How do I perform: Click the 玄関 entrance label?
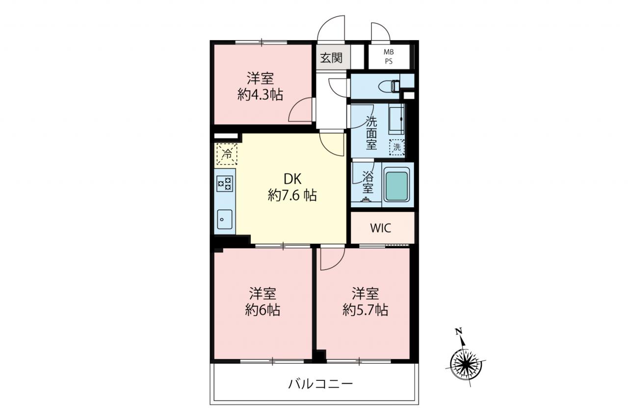tap(331, 58)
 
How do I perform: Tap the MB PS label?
tap(389, 56)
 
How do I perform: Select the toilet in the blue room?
tap(389, 86)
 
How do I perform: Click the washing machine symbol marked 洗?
tap(397, 147)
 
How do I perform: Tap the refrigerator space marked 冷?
tap(227, 154)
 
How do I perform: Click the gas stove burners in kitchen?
tap(225, 184)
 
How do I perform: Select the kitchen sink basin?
tap(225, 220)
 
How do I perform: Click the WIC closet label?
tap(380, 228)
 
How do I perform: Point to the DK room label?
tap(292, 179)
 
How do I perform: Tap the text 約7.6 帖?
tap(292, 196)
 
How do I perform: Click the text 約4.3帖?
tap(260, 95)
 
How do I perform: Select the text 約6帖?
tap(262, 310)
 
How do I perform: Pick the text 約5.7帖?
tap(366, 310)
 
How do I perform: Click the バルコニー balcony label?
tap(320, 384)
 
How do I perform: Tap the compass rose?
tap(466, 364)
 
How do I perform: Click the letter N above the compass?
tap(459, 332)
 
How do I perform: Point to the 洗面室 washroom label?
tap(371, 133)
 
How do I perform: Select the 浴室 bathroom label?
tap(368, 182)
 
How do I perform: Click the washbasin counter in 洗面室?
tap(396, 119)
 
